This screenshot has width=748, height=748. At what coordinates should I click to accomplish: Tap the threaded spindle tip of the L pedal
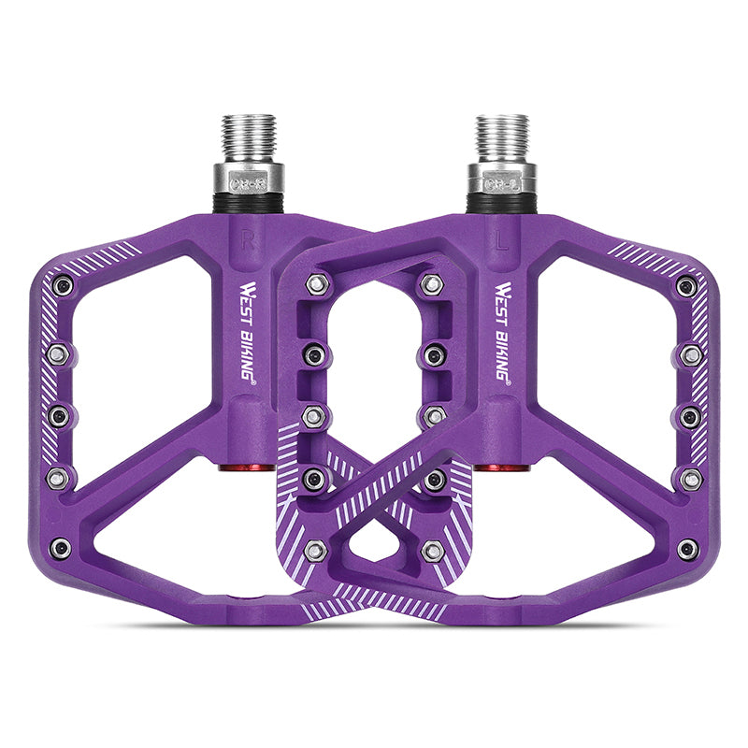click(501, 136)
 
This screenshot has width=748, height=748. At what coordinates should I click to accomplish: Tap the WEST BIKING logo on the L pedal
click(501, 328)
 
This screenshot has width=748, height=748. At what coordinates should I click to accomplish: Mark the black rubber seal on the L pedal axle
click(501, 201)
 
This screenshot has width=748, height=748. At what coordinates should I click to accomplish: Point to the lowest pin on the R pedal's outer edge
click(62, 548)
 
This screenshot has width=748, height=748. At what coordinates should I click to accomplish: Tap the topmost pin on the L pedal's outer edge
click(686, 285)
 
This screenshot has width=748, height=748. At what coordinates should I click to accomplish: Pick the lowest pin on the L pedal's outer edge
click(687, 549)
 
